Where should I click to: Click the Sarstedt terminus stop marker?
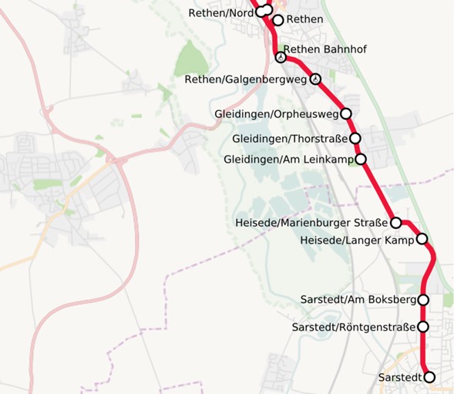point(429,377)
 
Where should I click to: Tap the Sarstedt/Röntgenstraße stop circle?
point(423,327)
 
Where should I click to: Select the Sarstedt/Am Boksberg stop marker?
point(423,300)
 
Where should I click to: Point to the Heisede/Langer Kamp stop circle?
point(422,239)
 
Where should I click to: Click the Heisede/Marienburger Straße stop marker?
point(396,223)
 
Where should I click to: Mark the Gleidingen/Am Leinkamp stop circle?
point(360,160)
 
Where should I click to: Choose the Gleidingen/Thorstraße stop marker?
point(355,139)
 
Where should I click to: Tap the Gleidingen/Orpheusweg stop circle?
point(346,113)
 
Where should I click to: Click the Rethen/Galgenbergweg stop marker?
point(315,79)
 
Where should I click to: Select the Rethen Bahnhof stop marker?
point(281,56)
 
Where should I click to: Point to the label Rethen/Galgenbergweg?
point(246,79)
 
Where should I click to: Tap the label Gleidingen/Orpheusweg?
point(276,114)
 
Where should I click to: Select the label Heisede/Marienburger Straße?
point(311,224)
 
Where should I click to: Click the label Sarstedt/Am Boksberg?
point(360,300)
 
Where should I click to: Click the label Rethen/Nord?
point(220,12)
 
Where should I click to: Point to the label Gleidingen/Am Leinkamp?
point(288,160)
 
